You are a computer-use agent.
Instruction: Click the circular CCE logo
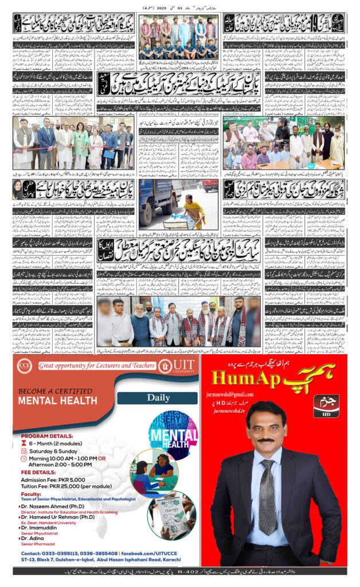tap(24, 365)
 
